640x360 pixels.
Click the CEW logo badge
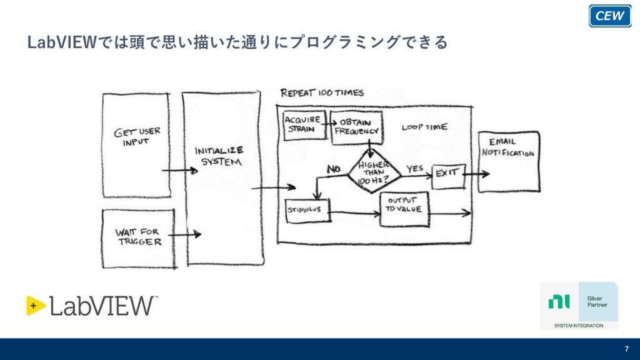(609, 16)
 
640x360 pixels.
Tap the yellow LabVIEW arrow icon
(36, 305)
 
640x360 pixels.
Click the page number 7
(626, 349)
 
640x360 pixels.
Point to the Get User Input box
(136, 144)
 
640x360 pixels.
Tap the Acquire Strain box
(302, 124)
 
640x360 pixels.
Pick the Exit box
(448, 174)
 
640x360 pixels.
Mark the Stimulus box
(307, 211)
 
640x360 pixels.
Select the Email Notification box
(509, 161)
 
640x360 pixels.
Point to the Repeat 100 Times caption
(321, 93)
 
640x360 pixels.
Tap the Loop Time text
(424, 127)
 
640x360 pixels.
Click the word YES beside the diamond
(415, 169)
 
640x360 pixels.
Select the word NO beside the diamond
(333, 168)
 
